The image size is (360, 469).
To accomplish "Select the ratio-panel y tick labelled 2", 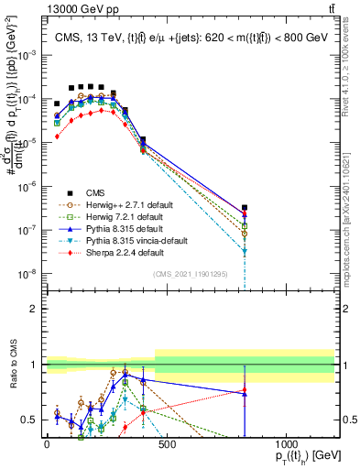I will [x=34, y=309].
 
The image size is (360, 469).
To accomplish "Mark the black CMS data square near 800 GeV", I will [x=245, y=209].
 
